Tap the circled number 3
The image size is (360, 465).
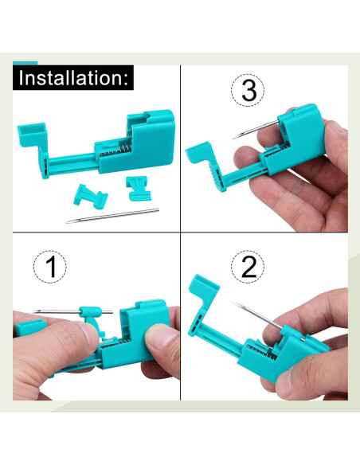point(249,90)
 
